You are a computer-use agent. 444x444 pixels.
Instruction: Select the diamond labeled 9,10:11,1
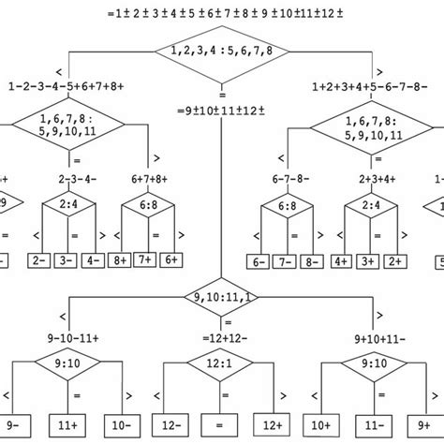click(221, 299)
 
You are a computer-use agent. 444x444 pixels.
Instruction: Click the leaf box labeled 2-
click(39, 259)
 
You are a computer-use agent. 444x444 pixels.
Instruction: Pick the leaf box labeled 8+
click(119, 259)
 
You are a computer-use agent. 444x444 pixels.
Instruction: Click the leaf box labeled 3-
click(65, 259)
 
